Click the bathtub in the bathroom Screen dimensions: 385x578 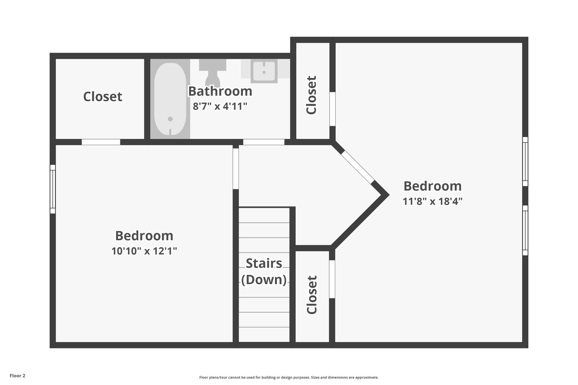[x=170, y=99]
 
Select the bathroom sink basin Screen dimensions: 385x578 [x=264, y=71]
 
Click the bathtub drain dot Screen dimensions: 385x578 [x=170, y=119]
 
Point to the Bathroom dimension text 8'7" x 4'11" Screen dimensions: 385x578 [x=220, y=107]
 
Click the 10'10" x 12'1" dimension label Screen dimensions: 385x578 [x=144, y=251]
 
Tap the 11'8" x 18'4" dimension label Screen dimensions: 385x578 [x=432, y=201]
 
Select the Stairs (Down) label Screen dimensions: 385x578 [x=264, y=271]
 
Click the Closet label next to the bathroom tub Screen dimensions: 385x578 [x=102, y=96]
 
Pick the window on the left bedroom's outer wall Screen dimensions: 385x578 [x=52, y=189]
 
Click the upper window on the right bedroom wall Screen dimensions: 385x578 [x=525, y=161]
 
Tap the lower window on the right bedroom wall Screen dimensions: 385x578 [x=525, y=230]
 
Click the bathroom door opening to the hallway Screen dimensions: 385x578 [x=264, y=142]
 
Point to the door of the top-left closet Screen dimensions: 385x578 [x=101, y=142]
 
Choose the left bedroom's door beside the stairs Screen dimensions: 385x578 [x=236, y=169]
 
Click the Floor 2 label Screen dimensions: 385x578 [x=17, y=376]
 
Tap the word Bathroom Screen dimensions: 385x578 [x=220, y=91]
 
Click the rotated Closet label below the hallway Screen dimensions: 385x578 [x=312, y=295]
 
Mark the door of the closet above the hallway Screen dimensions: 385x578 [x=332, y=109]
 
